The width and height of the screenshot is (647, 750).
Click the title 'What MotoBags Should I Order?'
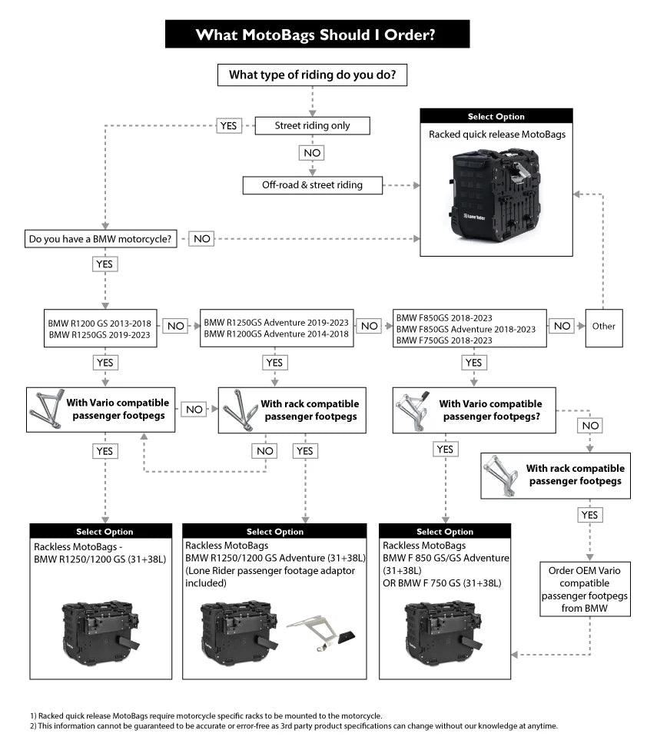point(317,34)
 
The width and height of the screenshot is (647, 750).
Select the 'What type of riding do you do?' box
point(312,75)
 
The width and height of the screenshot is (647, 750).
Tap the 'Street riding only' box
point(312,125)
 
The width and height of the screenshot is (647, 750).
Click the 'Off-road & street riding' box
point(312,184)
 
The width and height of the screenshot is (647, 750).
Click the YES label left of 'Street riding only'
point(228,125)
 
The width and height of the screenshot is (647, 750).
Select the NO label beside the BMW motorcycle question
point(201,239)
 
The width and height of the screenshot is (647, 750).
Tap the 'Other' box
point(603,326)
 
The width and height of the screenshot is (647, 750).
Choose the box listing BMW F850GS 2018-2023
point(469,328)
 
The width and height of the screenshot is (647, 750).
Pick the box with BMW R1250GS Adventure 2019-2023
point(277,328)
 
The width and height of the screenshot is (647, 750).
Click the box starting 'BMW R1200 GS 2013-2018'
point(101,328)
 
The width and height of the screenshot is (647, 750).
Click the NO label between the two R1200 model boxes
point(175,326)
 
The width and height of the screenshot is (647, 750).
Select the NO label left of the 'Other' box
point(562,326)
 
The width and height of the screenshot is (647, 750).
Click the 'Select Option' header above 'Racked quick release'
point(496,117)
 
